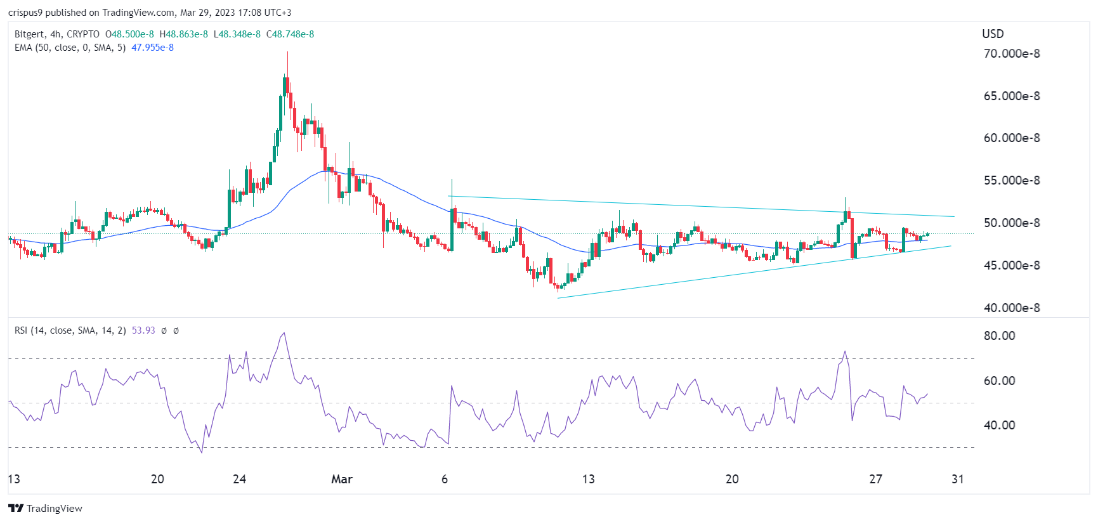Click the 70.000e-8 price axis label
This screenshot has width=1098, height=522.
[1011, 54]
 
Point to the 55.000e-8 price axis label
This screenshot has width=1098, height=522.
[1011, 181]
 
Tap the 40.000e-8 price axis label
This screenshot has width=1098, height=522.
[1011, 308]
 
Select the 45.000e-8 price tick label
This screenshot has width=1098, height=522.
[1011, 266]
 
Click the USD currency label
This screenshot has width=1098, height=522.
[993, 34]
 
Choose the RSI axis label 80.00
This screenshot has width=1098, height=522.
[999, 336]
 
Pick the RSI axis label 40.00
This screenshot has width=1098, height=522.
[999, 426]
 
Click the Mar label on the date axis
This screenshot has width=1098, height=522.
[341, 480]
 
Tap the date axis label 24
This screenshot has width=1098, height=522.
[239, 480]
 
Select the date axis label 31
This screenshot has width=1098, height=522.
[957, 480]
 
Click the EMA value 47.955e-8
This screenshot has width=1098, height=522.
[152, 48]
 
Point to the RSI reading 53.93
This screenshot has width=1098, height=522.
[143, 330]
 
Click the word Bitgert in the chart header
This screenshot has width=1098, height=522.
[30, 34]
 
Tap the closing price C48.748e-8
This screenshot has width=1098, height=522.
[290, 34]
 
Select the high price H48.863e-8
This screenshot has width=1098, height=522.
[183, 34]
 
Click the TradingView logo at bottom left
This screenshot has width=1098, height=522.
[45, 509]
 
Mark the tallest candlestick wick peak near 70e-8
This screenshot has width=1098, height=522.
[287, 53]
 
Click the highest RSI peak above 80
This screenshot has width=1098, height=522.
[284, 332]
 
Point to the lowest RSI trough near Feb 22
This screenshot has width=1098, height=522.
[202, 452]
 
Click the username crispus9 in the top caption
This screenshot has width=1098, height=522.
[25, 13]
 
